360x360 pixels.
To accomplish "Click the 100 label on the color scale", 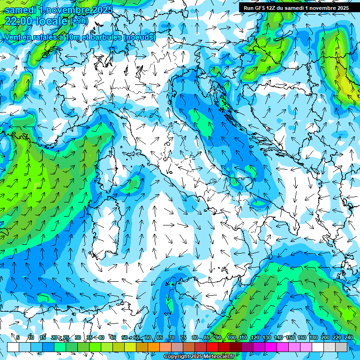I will (232, 337).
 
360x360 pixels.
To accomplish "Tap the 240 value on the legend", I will (349, 337).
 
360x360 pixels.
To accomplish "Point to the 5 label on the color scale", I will (18, 337).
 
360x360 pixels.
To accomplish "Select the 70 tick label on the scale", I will (172, 337).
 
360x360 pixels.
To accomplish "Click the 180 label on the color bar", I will (314, 337).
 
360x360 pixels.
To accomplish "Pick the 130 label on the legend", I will (267, 337).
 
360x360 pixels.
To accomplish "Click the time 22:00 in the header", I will (18, 21).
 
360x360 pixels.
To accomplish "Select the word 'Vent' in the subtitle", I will (14, 37).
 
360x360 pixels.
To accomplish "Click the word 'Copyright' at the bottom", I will (176, 357).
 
